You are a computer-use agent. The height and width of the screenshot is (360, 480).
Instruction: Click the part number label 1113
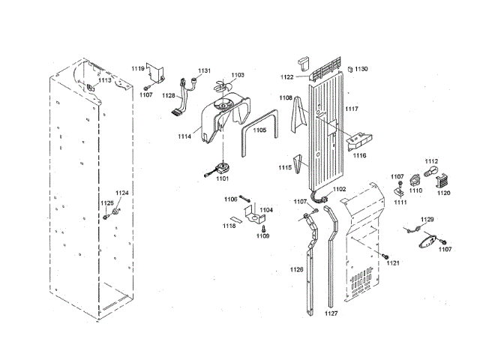pos(105,79)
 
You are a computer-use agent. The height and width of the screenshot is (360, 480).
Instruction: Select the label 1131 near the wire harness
pos(205,70)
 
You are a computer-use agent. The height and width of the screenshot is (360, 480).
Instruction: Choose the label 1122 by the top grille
pos(287,77)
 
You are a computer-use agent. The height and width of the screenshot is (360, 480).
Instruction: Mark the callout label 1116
pos(359,156)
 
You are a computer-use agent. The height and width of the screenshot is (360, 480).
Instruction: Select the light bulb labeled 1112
pos(430,173)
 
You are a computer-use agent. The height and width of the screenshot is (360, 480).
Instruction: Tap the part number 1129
pos(427,220)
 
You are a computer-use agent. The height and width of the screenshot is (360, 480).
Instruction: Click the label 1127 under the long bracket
pos(331,313)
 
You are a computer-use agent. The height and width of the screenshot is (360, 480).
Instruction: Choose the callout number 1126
pos(297,269)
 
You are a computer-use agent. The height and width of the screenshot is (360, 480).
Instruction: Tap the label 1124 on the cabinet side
pos(121,193)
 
